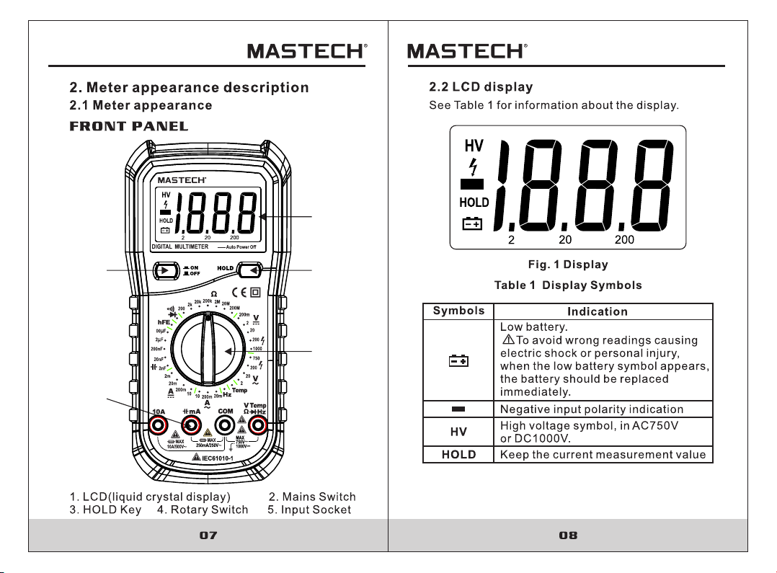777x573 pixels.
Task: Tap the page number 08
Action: [x=568, y=536]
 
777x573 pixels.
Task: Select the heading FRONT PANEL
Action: [x=128, y=127]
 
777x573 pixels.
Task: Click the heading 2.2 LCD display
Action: [x=481, y=87]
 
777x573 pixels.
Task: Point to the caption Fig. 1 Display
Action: [x=567, y=265]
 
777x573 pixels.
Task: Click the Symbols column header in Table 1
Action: [x=458, y=311]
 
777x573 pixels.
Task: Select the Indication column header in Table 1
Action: [x=597, y=311]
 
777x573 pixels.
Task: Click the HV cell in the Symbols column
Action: [x=458, y=432]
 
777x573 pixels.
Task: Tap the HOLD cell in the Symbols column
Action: [x=458, y=455]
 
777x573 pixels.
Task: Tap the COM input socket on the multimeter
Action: [x=225, y=425]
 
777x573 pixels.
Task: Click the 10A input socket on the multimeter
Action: [x=159, y=425]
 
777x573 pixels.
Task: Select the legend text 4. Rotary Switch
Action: [x=203, y=510]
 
